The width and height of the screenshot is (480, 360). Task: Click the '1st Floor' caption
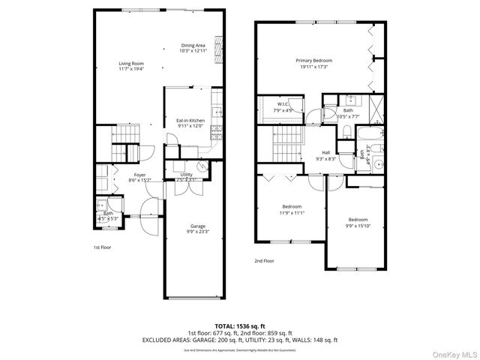102,247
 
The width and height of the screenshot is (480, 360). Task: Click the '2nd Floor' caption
263,261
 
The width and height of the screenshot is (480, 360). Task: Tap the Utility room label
186,177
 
